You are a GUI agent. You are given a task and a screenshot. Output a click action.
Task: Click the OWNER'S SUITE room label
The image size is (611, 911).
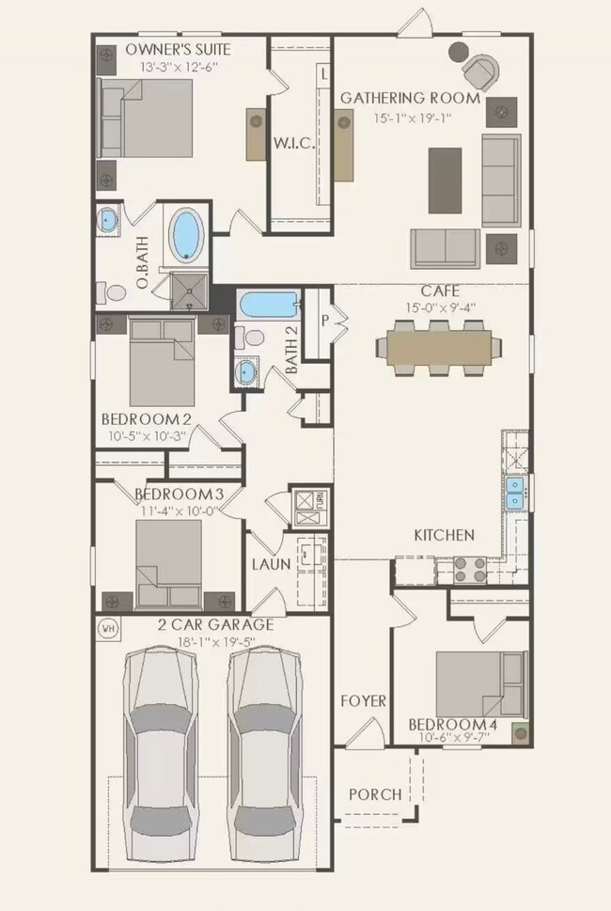pos(179,49)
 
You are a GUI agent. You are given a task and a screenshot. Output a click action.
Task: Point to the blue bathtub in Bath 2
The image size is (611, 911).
pos(269,305)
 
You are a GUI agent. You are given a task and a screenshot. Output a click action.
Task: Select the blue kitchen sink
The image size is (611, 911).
pos(515,492)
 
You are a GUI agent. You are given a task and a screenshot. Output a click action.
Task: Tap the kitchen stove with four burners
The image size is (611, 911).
pos(469,567)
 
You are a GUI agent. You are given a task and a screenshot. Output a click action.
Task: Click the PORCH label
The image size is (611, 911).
pos(375,794)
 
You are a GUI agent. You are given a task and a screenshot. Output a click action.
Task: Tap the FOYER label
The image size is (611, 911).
pos(363,700)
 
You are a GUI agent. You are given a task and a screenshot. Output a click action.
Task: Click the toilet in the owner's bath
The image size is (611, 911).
pos(114,292)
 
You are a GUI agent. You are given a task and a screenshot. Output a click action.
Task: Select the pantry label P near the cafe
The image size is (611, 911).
pos(325,320)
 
